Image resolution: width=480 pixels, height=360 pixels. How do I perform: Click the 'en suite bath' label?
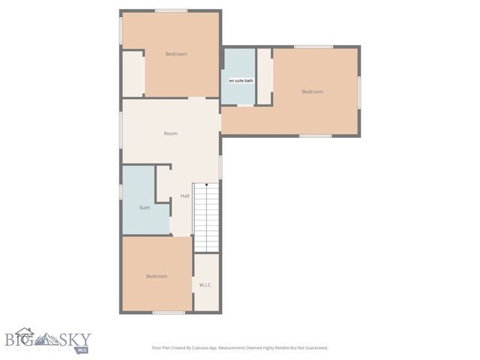coord(241,80)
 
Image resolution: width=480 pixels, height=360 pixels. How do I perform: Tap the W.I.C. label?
coord(205,285)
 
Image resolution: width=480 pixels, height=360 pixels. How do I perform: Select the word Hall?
coord(184,196)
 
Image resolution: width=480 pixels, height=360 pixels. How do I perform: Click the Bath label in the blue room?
coord(144,208)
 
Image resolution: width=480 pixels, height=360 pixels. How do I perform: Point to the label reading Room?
coord(171,133)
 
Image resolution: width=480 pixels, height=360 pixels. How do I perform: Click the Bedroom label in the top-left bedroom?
coord(176,54)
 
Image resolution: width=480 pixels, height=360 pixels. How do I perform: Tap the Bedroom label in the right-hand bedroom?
coord(312,91)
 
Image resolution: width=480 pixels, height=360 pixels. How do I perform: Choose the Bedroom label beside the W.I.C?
coord(156,276)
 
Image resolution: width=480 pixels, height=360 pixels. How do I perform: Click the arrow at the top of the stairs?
coord(206,185)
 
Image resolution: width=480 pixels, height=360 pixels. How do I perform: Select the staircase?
coord(206,217)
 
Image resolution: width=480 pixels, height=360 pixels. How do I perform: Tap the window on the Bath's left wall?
coord(121,191)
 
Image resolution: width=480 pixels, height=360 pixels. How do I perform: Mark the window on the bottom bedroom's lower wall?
coord(168,312)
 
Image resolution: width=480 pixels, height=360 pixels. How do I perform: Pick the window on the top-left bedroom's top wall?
coord(171,10)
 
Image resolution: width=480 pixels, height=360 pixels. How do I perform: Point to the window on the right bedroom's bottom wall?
coord(315,136)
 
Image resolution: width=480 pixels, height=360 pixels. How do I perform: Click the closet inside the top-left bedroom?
coord(133,73)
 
